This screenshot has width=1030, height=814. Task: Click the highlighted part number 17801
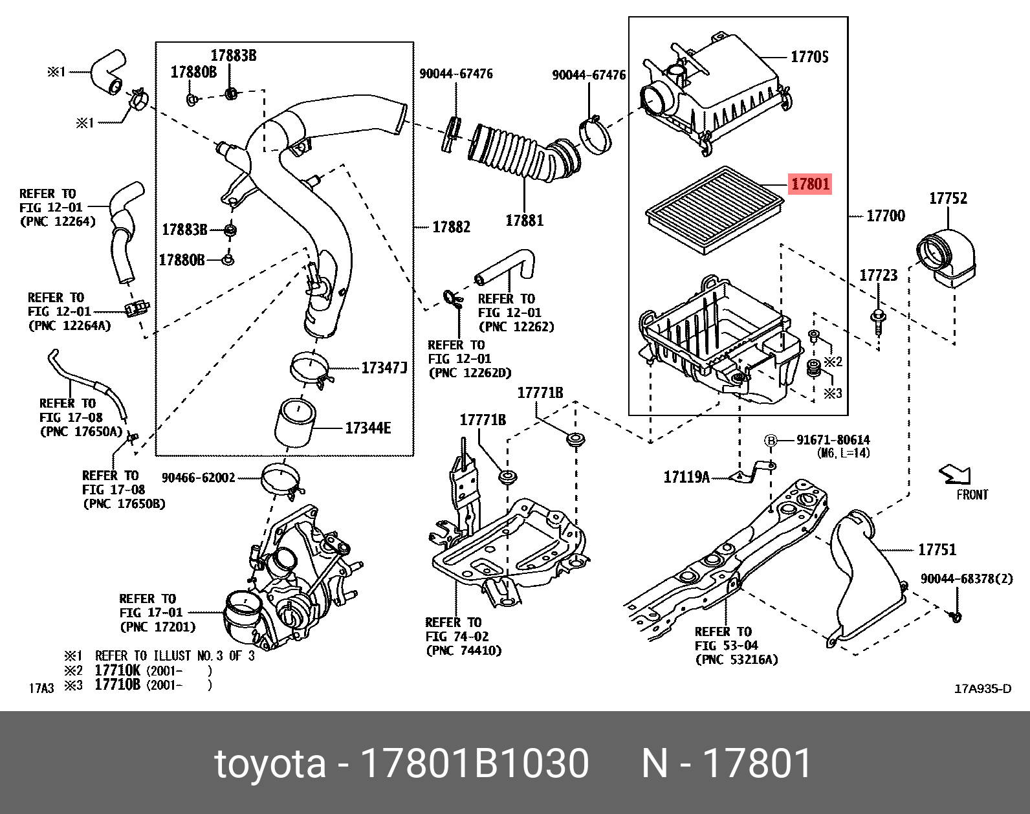coord(810,184)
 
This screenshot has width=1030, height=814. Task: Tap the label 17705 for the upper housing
coord(809,57)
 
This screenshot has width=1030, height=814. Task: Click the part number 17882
coord(451,227)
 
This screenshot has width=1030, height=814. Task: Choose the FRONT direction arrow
coord(956,476)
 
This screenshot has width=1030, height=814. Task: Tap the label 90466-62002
coord(198,478)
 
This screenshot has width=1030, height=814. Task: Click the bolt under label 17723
coord(877,320)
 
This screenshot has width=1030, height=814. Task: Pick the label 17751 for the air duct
coord(937,550)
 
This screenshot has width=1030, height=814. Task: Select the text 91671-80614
coord(833,440)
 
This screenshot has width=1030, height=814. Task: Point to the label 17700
coord(885,215)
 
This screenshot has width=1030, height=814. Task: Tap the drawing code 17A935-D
coord(982,688)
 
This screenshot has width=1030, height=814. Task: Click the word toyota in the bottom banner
coord(270,763)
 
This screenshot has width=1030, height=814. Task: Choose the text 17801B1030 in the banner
coord(474,763)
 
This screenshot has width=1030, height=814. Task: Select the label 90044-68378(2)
coord(967,578)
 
